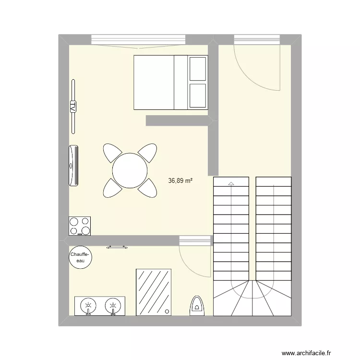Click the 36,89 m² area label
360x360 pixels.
pos(180,181)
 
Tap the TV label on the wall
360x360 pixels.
pos(73,106)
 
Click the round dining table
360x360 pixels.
pos(130,170)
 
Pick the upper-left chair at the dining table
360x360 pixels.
pos(112,153)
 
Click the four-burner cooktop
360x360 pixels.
pos(80,226)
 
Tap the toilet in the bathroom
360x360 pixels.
pos(197,306)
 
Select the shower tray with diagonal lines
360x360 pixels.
pos(154,292)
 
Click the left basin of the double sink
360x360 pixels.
pos(88,306)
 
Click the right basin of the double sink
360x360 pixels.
pos(112,306)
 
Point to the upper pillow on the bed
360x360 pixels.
pos(198,68)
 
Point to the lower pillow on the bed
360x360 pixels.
pos(198,96)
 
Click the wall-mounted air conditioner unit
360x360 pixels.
pos(73,165)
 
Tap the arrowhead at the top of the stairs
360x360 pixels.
pos(231,183)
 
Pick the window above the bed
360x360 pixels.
pos(138,39)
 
